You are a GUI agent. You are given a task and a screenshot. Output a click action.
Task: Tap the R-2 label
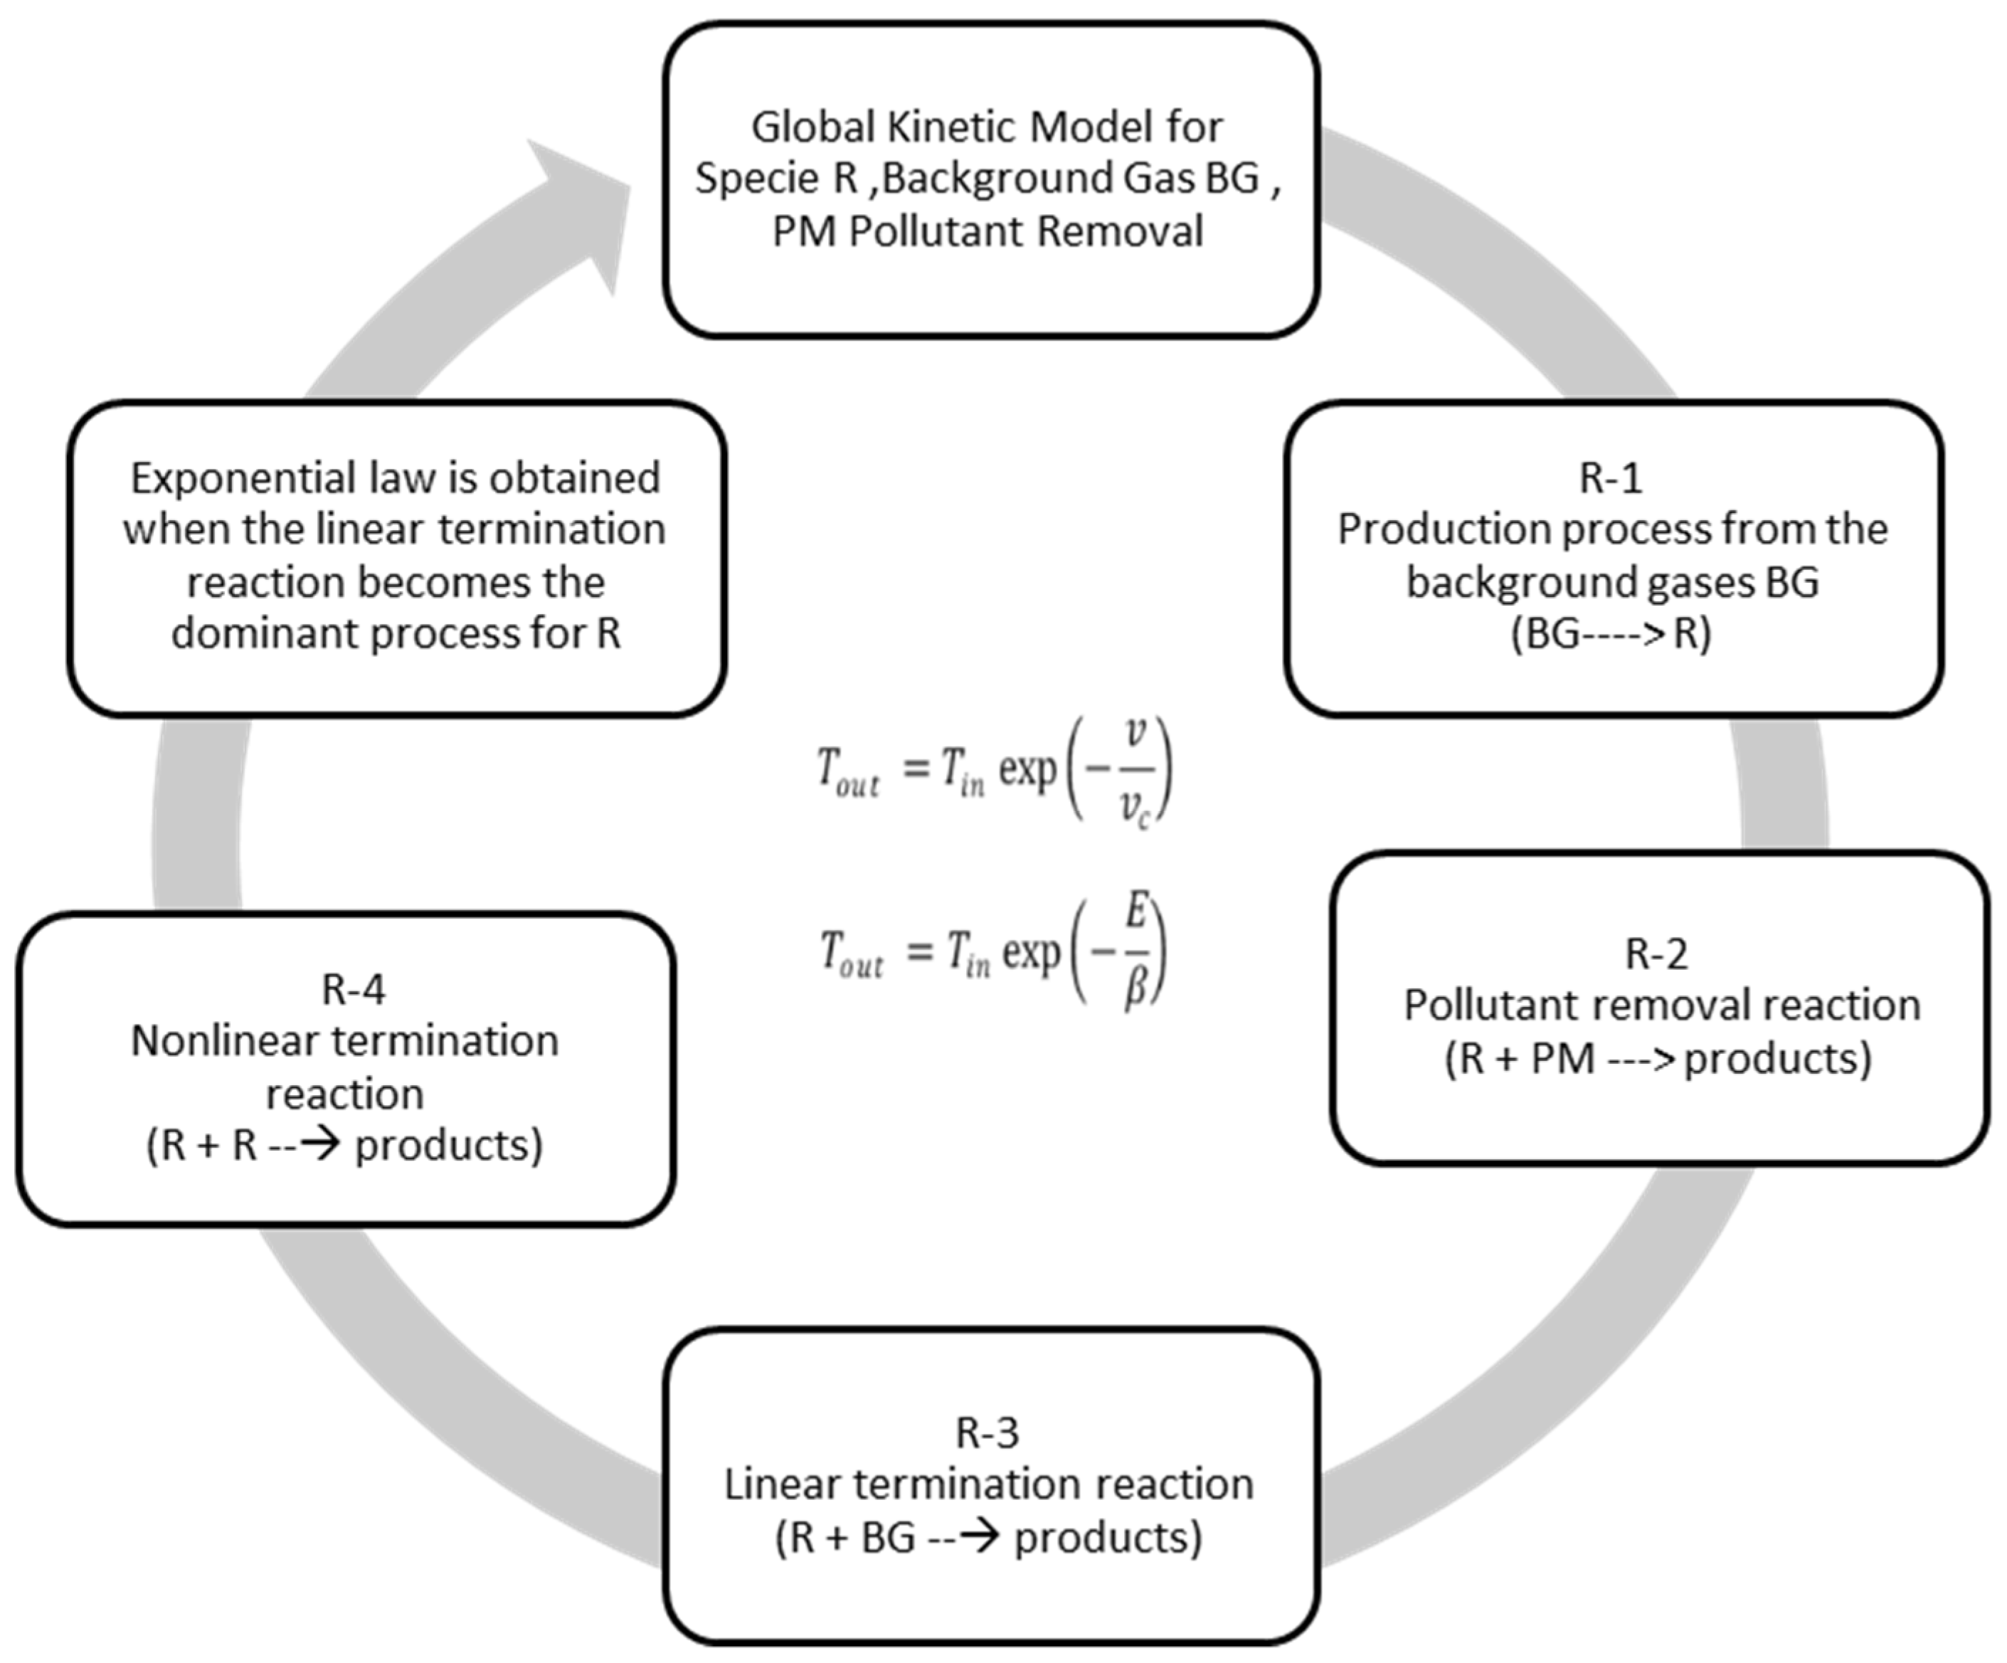1656,953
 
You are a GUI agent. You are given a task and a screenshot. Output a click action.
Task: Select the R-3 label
987,1432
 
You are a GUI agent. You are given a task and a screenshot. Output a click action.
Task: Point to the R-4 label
354,989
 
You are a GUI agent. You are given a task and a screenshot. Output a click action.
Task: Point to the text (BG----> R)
1611,633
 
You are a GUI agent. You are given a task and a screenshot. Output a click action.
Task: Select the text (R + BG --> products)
988,1538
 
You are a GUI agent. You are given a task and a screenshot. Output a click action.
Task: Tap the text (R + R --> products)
344,1145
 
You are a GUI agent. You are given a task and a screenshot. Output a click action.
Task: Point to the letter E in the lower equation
1135,913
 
